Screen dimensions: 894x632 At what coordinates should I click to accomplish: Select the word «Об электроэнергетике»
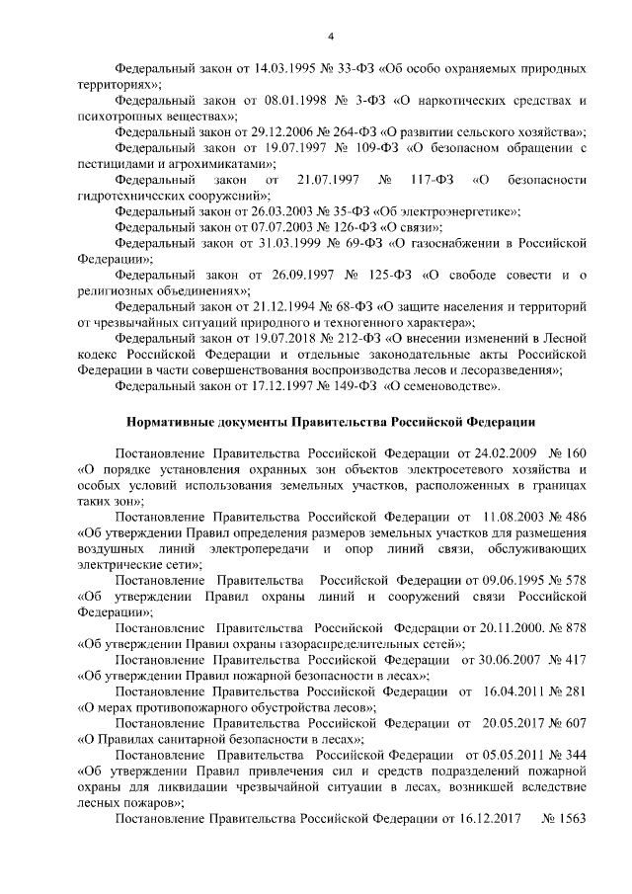coord(458,211)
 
